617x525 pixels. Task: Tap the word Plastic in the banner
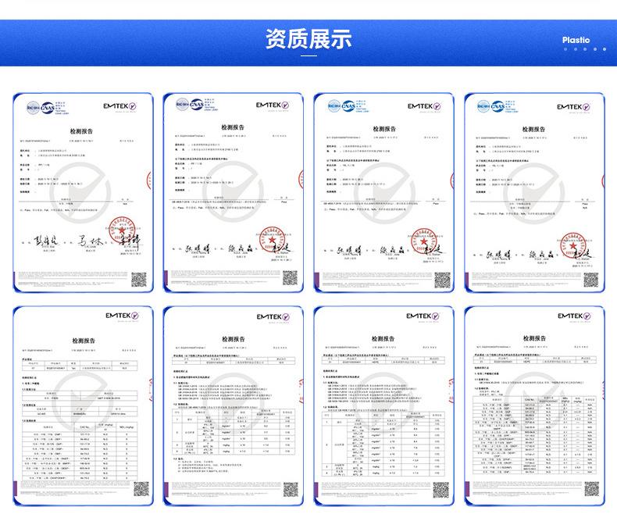coord(576,40)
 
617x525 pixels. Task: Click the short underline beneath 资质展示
coord(308,56)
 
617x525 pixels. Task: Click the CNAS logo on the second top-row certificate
coord(190,104)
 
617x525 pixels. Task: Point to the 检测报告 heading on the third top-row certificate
coord(383,129)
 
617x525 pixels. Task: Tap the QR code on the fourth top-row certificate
coord(591,277)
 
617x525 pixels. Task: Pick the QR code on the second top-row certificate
coord(290,277)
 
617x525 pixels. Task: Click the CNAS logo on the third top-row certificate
coord(341,104)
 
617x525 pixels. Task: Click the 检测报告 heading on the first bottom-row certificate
coord(81,341)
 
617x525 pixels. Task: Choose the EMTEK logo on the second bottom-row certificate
coord(276,317)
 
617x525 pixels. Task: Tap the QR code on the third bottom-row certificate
coord(440,490)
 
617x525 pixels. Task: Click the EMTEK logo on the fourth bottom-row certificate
coord(577,317)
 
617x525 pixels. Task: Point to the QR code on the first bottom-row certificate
coord(139,490)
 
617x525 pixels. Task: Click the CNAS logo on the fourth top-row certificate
coord(492,104)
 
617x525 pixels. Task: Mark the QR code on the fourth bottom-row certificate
coord(591,490)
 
